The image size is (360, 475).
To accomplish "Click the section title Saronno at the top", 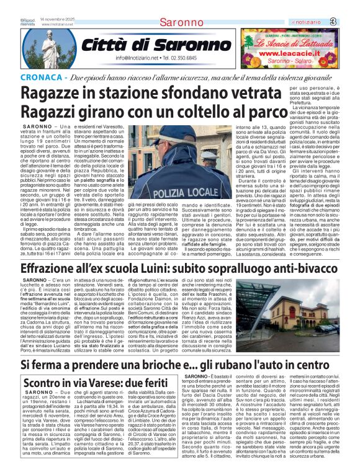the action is [x=181, y=22].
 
